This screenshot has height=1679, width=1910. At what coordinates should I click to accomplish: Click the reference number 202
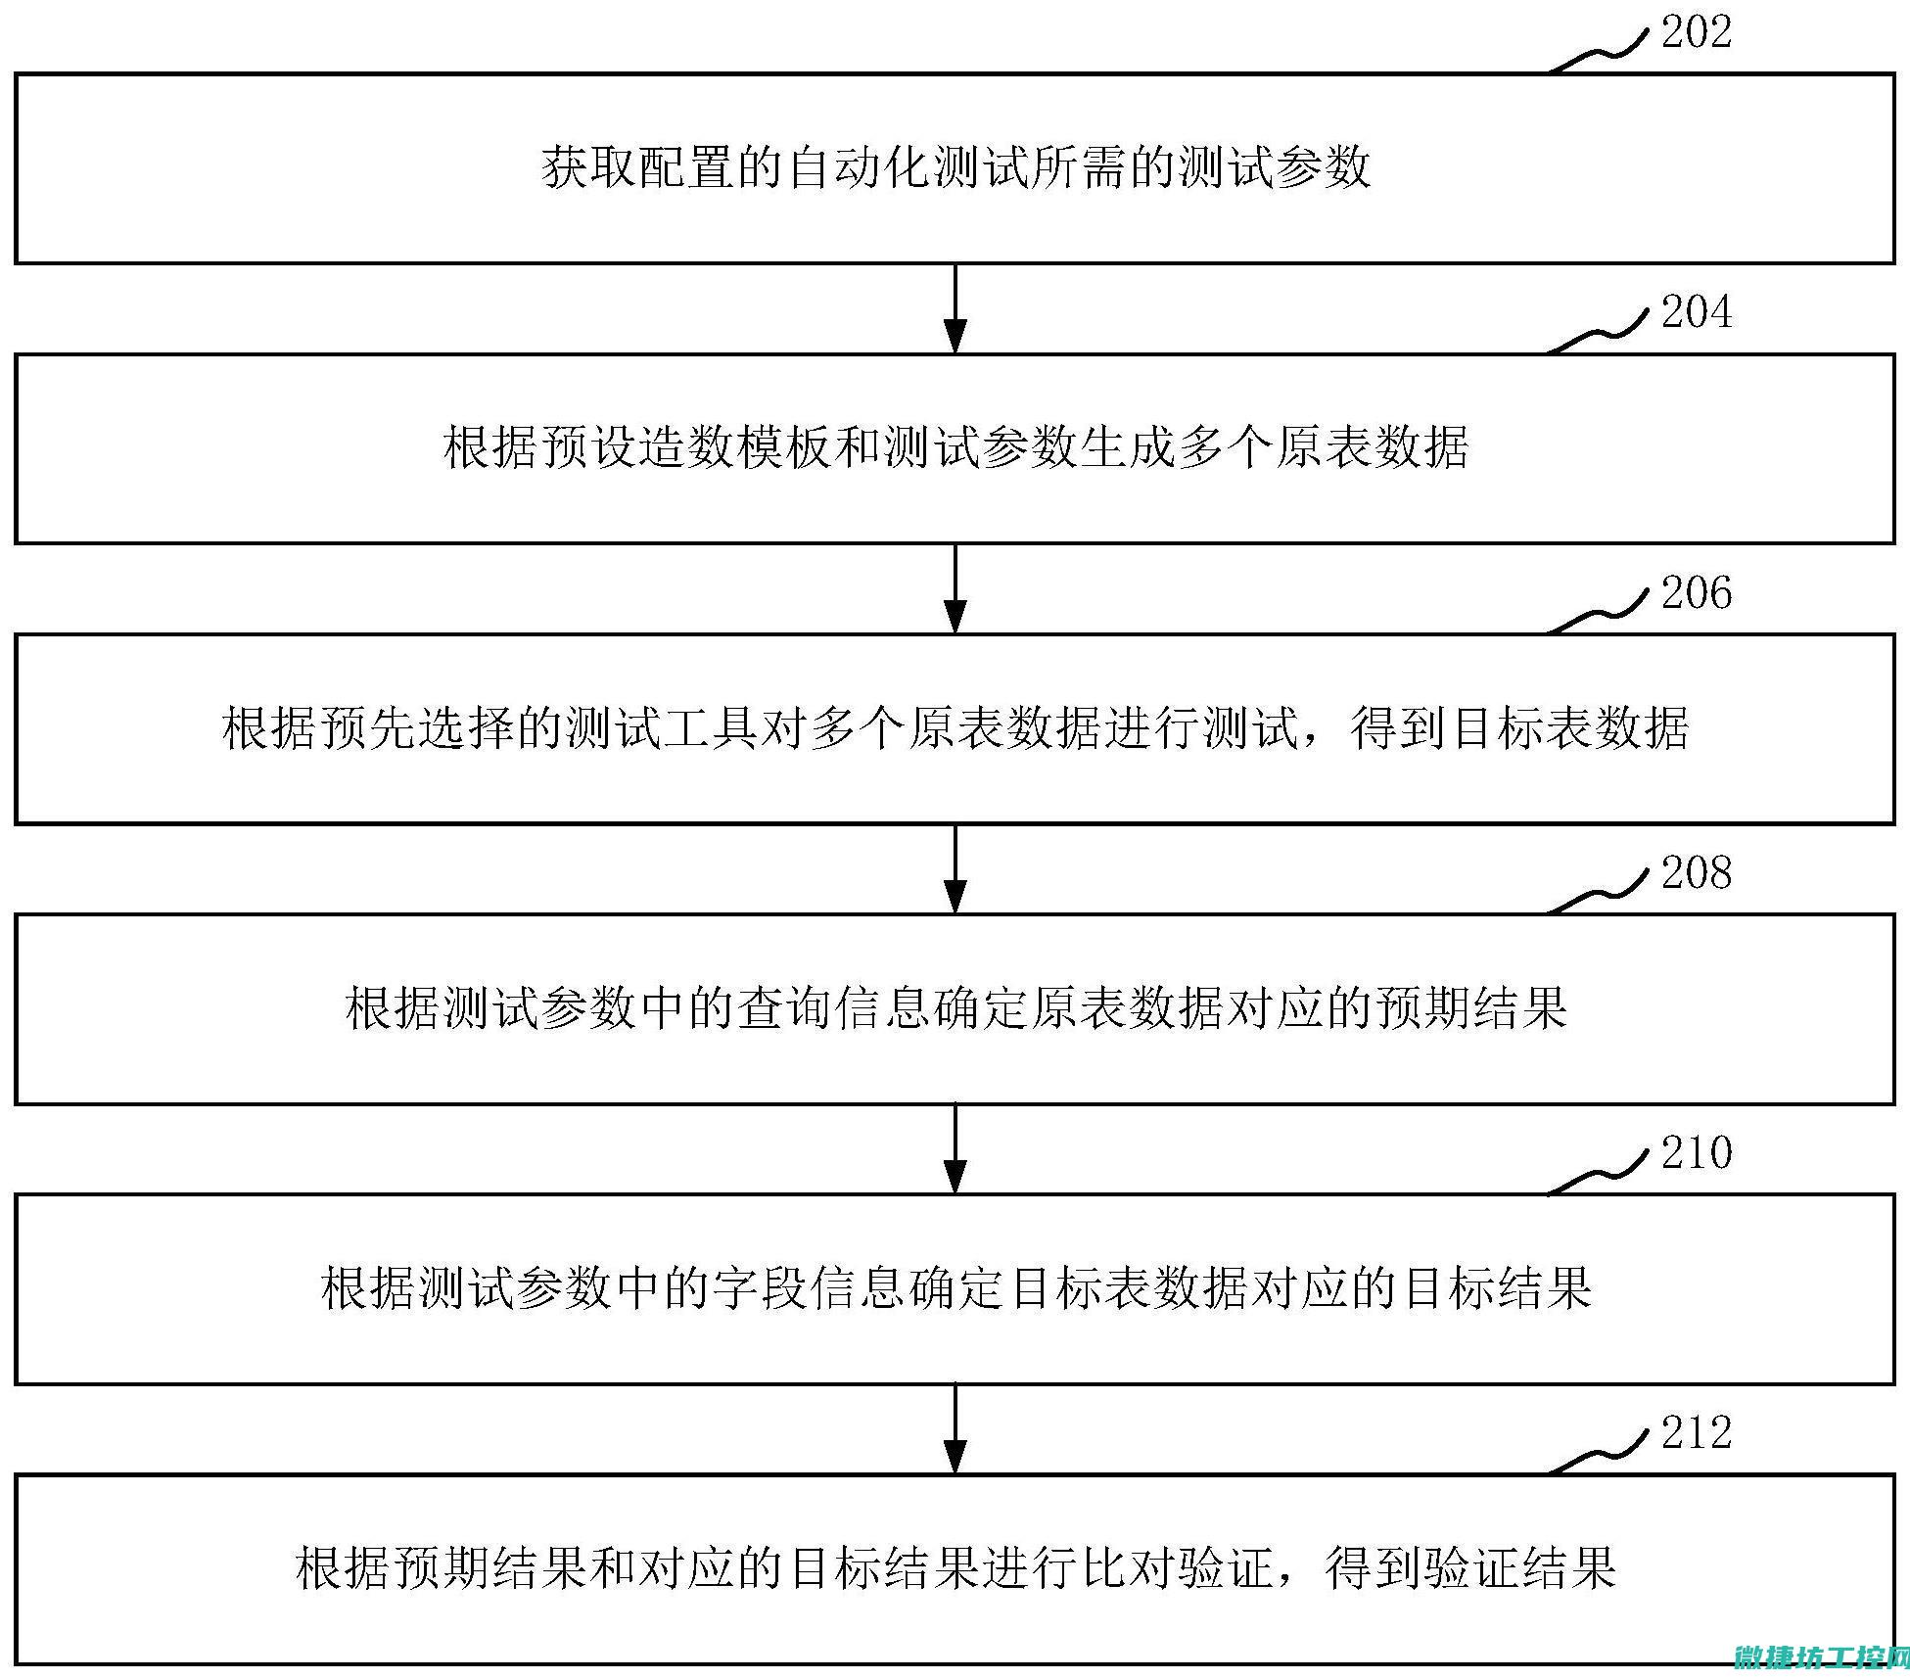click(1696, 31)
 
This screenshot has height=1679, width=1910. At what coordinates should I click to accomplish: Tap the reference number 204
click(1696, 311)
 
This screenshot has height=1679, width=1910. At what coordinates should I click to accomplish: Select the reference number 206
click(1696, 592)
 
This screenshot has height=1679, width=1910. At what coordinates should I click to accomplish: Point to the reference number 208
click(1696, 872)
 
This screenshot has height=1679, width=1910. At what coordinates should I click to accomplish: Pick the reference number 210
click(1696, 1152)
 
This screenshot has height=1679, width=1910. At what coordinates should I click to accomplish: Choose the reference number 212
click(1696, 1432)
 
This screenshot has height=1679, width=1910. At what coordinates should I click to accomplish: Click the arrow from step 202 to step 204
click(955, 308)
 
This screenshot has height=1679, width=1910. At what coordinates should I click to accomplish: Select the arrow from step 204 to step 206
click(955, 588)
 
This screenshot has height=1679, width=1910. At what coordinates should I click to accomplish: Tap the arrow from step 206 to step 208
click(955, 869)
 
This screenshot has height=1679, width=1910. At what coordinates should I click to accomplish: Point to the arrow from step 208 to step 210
click(955, 1149)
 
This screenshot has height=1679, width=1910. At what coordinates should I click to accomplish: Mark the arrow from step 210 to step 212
click(955, 1429)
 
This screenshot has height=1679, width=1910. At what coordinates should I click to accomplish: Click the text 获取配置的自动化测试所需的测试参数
click(955, 167)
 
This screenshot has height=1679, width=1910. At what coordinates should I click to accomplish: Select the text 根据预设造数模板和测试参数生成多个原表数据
click(955, 448)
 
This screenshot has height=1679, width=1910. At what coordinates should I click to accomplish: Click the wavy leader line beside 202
click(1599, 49)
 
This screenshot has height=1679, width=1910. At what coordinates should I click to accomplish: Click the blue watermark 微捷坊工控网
click(1821, 1658)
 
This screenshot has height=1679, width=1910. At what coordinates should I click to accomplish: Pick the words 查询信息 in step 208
click(833, 1008)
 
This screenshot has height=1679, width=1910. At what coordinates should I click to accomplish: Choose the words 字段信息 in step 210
click(809, 1288)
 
